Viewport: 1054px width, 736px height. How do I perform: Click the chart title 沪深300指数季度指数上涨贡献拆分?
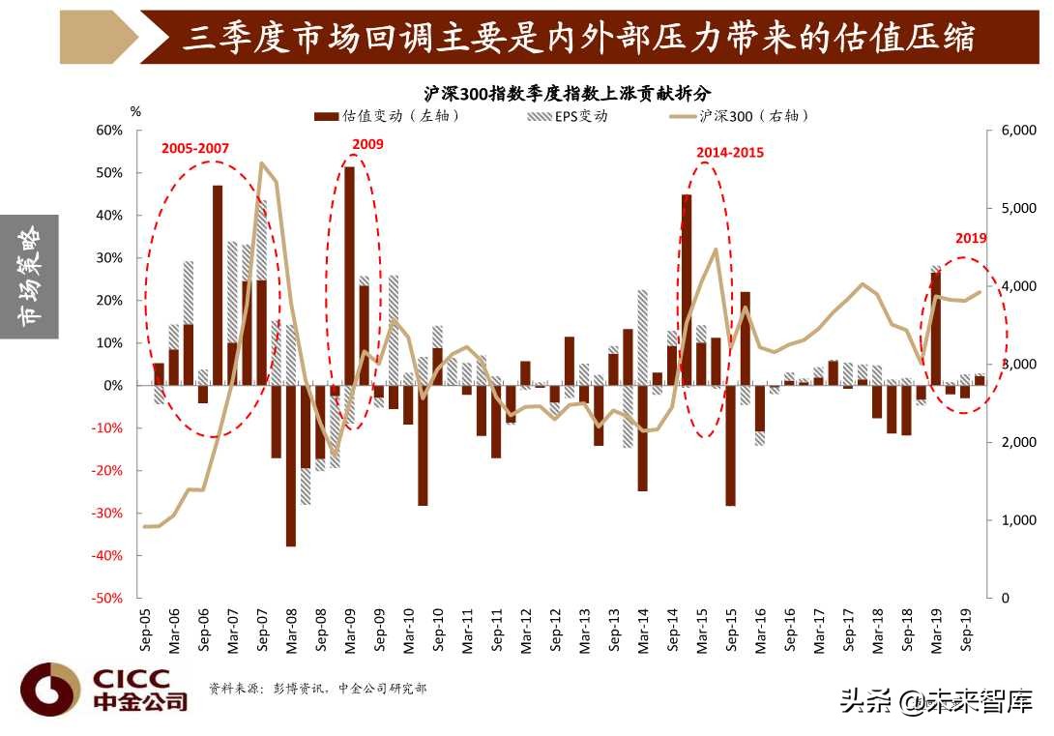(x=567, y=94)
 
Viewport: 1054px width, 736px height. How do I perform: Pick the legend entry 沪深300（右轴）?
(x=741, y=116)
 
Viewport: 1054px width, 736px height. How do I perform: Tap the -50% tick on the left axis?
(x=109, y=599)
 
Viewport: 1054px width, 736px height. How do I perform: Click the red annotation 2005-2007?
(x=194, y=148)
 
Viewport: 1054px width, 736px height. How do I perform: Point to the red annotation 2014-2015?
(x=730, y=152)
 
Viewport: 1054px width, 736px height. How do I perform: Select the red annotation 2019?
(x=970, y=238)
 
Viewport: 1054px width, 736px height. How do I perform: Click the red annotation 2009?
(x=367, y=144)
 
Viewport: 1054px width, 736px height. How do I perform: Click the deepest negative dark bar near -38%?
(x=290, y=465)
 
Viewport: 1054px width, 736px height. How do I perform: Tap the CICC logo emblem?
(x=50, y=690)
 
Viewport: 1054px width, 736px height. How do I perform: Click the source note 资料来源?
(x=317, y=689)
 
